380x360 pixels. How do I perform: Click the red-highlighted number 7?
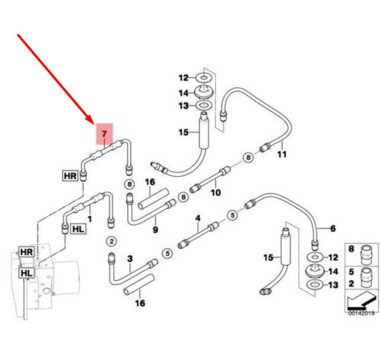click(x=104, y=133)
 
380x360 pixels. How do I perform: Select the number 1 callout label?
click(x=90, y=219)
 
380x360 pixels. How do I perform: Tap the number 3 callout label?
click(x=130, y=259)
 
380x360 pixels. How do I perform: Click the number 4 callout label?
click(x=198, y=218)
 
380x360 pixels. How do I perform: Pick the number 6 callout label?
click(x=332, y=228)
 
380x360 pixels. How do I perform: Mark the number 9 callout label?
click(x=156, y=230)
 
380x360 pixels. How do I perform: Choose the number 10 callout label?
click(x=215, y=192)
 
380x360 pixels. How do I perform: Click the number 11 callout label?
click(x=282, y=154)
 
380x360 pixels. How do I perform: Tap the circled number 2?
click(x=111, y=241)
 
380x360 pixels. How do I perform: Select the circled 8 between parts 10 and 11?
click(x=248, y=157)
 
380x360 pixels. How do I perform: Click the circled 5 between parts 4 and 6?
click(x=232, y=215)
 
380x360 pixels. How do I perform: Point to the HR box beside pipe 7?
click(x=70, y=176)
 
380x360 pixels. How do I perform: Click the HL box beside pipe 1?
click(x=78, y=229)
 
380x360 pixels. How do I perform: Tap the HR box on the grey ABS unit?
click(x=27, y=252)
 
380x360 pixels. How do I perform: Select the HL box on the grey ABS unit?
click(x=27, y=273)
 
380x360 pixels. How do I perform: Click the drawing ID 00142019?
click(x=362, y=313)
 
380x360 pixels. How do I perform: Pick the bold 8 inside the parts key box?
click(x=352, y=249)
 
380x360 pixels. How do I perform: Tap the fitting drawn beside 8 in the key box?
click(x=366, y=255)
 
